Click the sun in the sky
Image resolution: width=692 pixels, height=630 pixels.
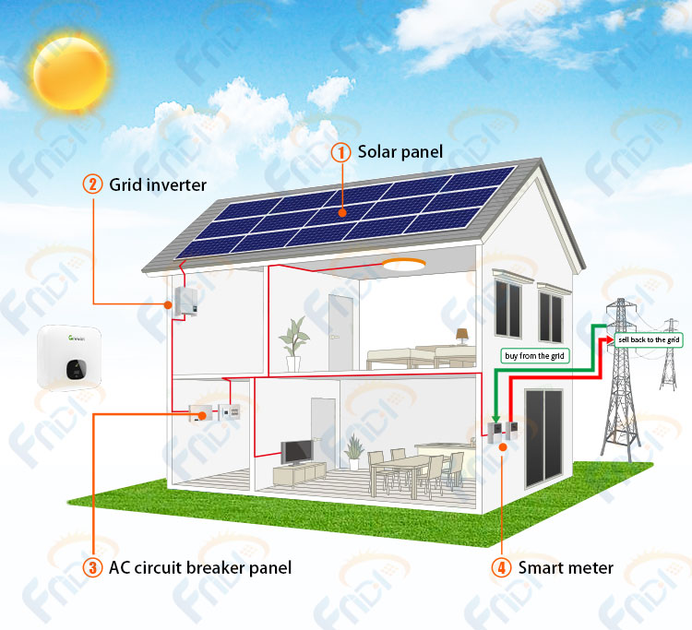[x=70, y=73]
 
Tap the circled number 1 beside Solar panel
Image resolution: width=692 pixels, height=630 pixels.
[x=340, y=152]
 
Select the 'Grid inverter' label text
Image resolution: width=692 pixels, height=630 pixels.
[x=158, y=184]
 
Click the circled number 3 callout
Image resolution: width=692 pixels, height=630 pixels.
[x=92, y=567]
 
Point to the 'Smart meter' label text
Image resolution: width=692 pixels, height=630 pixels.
[x=566, y=568]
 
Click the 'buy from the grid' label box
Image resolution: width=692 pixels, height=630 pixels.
[x=534, y=356]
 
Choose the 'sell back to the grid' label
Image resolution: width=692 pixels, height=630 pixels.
[x=649, y=339]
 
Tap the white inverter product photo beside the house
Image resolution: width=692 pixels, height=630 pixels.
[x=69, y=358]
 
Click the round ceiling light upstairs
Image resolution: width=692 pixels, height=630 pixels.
[x=403, y=264]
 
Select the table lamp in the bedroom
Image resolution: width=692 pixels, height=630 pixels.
[x=461, y=336]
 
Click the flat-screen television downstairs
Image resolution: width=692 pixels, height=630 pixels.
[x=296, y=452]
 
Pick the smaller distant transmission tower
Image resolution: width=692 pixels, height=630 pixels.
[x=670, y=356]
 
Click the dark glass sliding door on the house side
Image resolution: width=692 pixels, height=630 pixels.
[x=543, y=438]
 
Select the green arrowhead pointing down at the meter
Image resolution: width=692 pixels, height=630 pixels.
[x=495, y=419]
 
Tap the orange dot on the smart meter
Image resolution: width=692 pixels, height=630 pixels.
[x=503, y=447]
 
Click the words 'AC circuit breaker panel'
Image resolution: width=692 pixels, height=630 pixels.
[x=200, y=568]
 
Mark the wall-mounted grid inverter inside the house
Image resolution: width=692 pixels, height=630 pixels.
[x=185, y=302]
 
